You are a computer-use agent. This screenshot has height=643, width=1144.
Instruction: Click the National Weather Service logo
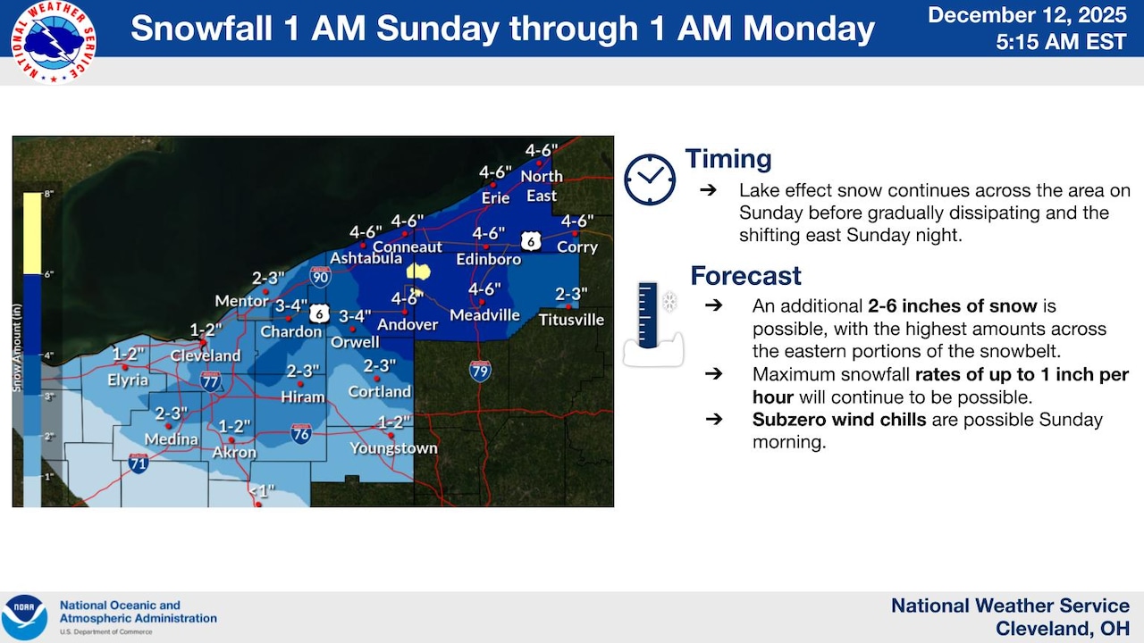[x=54, y=42]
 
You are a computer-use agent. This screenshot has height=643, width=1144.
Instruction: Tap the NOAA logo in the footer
[x=24, y=617]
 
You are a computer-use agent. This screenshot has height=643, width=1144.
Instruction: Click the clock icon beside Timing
[x=650, y=180]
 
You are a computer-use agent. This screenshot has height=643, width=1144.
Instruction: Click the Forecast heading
[x=745, y=276]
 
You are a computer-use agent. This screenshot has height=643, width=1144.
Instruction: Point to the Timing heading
[x=728, y=160]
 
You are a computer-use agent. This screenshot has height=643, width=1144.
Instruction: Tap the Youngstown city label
[x=393, y=448]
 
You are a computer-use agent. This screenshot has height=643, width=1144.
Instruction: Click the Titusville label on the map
[x=571, y=319]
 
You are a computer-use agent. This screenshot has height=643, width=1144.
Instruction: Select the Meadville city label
[x=484, y=315]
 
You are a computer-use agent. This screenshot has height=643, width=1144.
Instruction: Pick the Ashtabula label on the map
[x=366, y=259]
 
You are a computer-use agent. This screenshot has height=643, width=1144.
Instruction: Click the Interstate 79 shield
[x=481, y=371]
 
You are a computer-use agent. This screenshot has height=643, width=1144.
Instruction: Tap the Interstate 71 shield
[x=138, y=463]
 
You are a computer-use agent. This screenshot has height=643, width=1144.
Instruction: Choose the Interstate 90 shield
[x=321, y=276]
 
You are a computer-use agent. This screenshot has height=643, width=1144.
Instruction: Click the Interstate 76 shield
[x=301, y=434]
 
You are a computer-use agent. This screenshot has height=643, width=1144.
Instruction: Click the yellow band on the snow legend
[x=31, y=233]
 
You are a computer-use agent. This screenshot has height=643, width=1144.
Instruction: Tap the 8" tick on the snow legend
[x=49, y=193]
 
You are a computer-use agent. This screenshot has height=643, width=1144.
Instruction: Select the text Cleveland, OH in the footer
[x=1062, y=629]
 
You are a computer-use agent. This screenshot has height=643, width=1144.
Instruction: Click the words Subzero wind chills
[x=838, y=420]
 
